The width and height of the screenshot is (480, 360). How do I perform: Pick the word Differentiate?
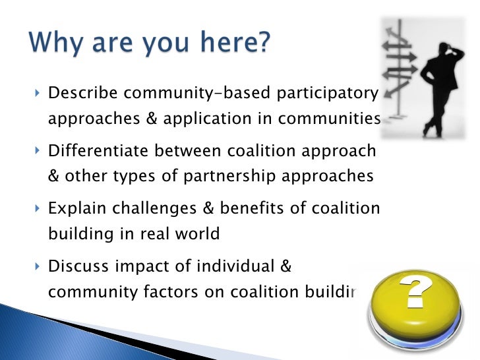coord(98,152)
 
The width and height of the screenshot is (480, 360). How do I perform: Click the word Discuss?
coord(78,266)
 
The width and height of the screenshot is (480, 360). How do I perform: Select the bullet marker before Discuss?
coord(36,267)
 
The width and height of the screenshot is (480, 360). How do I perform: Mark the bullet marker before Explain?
coord(36,210)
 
